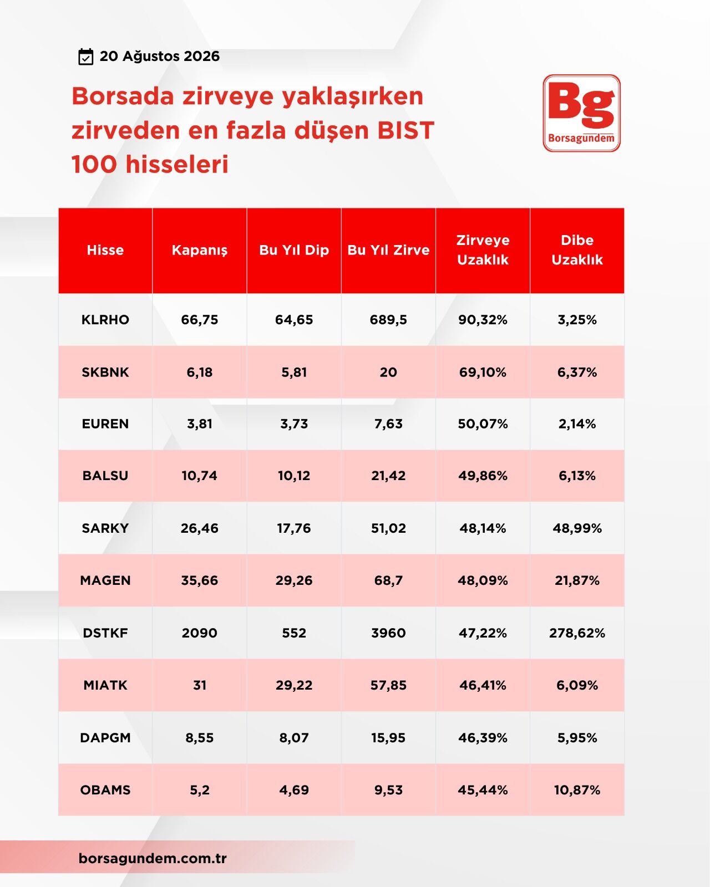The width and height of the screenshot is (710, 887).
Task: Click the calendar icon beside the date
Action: click(86, 57)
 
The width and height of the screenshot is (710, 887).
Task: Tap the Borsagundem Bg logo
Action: click(581, 113)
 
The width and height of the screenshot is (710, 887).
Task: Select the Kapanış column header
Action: click(200, 250)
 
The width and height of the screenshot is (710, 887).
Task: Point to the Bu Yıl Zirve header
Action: click(388, 250)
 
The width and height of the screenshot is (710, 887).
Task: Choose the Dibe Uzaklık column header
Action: click(577, 250)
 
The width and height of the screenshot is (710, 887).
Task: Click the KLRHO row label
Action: click(105, 320)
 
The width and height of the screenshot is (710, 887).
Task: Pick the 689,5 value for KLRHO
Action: click(388, 320)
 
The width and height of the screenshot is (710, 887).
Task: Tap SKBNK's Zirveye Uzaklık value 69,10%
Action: click(483, 372)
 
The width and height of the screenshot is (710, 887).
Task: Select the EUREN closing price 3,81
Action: click(200, 424)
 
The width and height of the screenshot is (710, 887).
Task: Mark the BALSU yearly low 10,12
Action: click(294, 476)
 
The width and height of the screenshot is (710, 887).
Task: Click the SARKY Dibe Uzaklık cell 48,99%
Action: click(577, 528)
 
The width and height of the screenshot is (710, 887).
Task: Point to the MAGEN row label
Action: click(105, 580)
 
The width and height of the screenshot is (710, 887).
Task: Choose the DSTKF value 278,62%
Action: click(577, 633)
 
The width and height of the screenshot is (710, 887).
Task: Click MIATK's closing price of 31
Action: click(200, 685)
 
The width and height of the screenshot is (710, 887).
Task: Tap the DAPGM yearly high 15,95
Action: click(388, 737)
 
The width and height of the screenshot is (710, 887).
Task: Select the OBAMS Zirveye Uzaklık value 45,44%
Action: click(483, 790)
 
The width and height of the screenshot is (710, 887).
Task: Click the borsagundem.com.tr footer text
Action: click(153, 858)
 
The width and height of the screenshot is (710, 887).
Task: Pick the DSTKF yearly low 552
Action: click(294, 633)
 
